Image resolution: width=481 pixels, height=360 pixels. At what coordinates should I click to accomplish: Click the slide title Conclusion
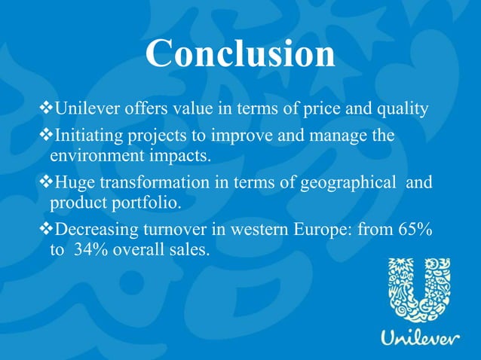(240, 54)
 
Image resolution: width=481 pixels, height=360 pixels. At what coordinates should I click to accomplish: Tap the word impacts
(179, 157)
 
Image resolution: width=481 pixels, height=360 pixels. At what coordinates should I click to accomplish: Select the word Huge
(77, 183)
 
